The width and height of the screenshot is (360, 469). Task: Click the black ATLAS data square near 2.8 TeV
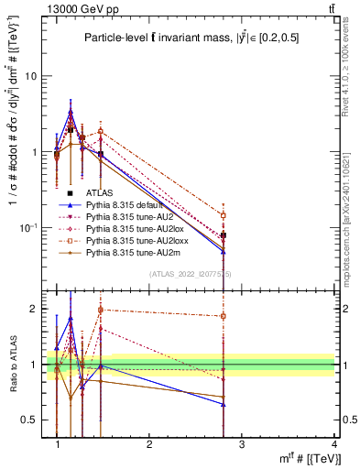point(224,235)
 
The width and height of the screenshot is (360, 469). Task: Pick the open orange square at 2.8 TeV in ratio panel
point(224,316)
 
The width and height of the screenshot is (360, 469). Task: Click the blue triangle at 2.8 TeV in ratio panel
point(224,404)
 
